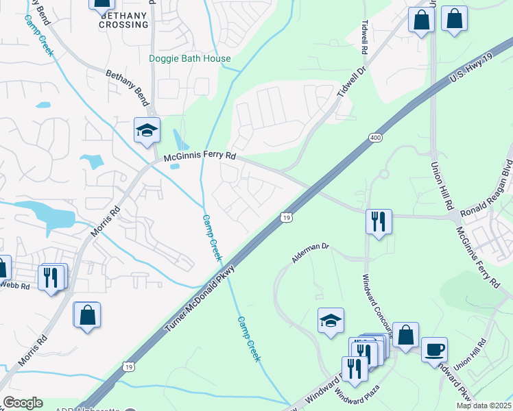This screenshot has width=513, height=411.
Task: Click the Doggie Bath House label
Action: pos(190,58)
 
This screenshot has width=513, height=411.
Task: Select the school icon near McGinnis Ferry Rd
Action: pos(146,131)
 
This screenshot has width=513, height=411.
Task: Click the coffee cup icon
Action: pos(434,350)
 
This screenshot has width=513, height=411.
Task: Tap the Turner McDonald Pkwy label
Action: pos(200,300)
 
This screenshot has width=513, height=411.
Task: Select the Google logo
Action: pos(23,403)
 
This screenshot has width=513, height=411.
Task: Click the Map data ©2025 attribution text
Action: pos(484,406)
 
